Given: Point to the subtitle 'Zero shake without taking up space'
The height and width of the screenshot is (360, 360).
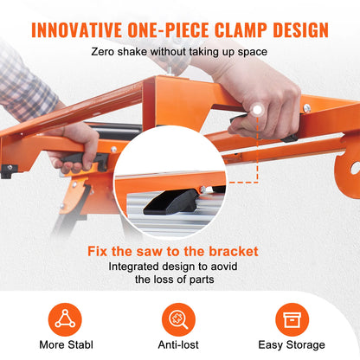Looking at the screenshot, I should click(x=180, y=52).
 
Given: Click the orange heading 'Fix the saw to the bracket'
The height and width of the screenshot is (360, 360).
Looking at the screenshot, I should click(x=179, y=252).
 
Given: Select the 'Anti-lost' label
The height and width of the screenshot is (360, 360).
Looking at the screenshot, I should click(x=179, y=344).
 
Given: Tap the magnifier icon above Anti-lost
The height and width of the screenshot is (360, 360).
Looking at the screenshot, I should click(x=179, y=316).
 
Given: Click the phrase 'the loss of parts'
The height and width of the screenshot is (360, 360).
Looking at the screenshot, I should click(x=179, y=280).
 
